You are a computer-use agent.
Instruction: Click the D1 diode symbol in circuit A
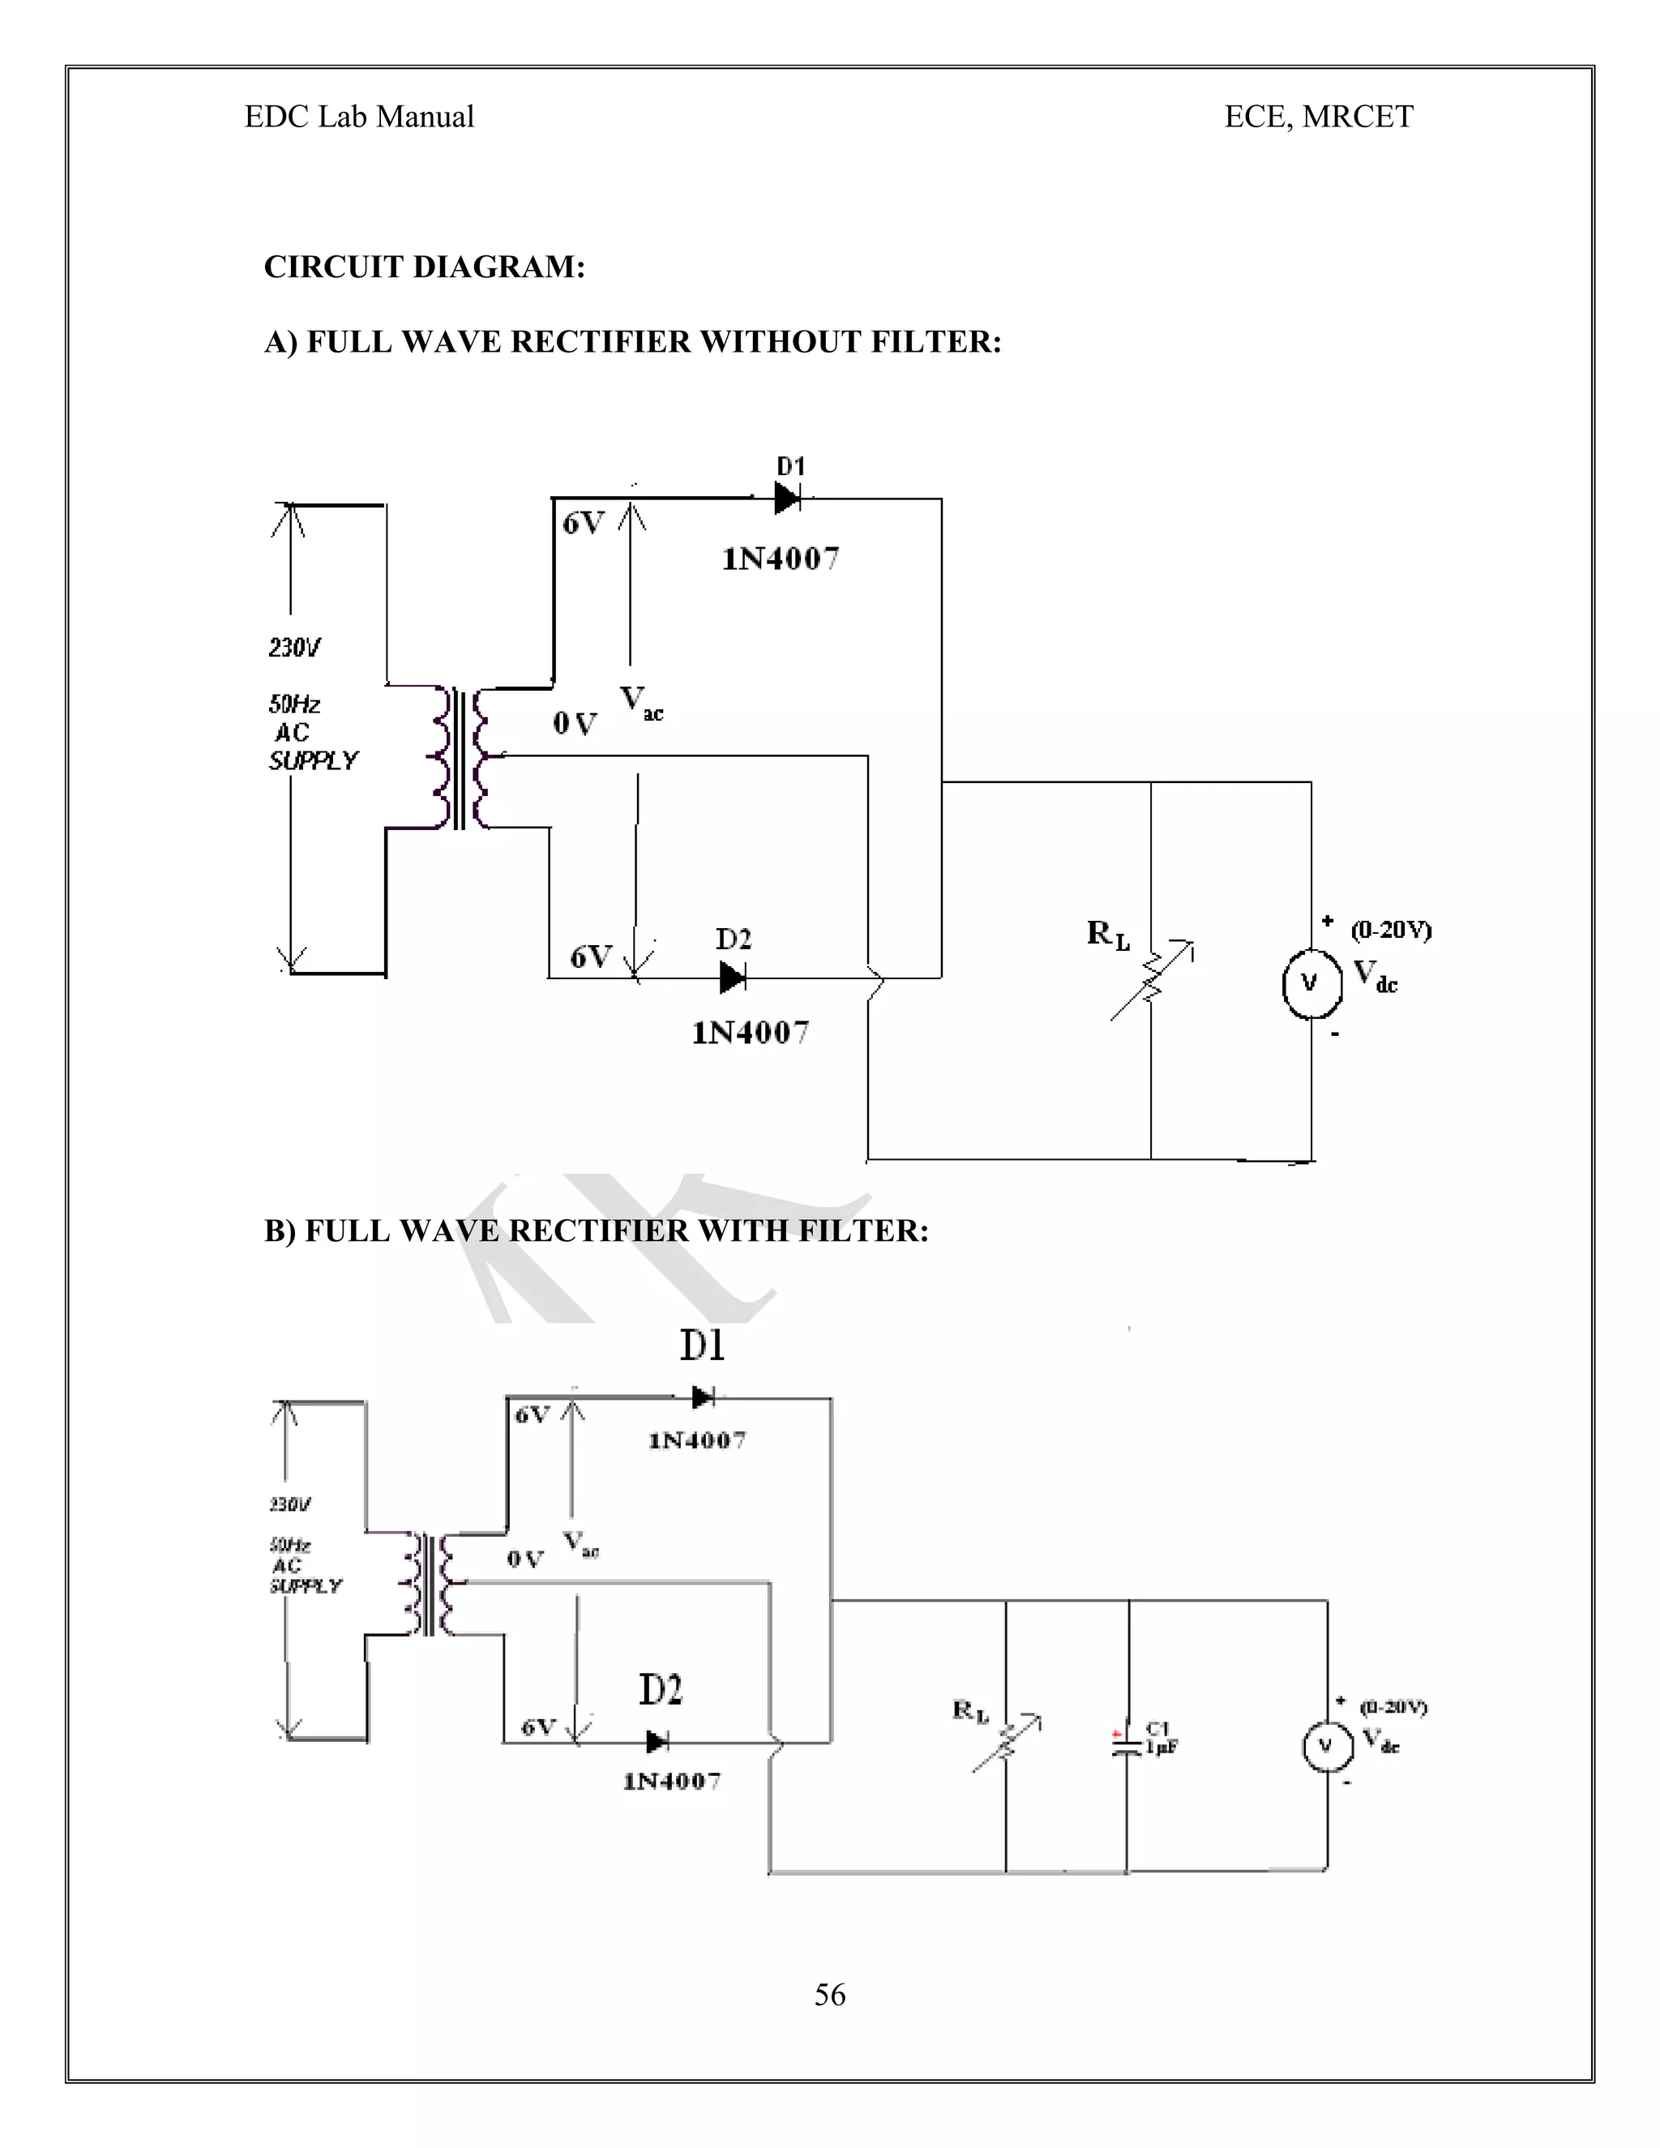pyautogui.click(x=788, y=498)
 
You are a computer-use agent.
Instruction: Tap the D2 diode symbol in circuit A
pyautogui.click(x=733, y=978)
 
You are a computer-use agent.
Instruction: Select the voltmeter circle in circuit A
pyautogui.click(x=1311, y=982)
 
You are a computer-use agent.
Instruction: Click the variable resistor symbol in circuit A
pyautogui.click(x=1152, y=981)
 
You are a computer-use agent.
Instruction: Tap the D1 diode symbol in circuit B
pyautogui.click(x=702, y=1397)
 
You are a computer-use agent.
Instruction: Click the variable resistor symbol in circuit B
pyautogui.click(x=1006, y=1744)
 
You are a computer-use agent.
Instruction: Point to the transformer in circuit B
pyautogui.click(x=429, y=1584)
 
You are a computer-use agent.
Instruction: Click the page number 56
pyautogui.click(x=829, y=1995)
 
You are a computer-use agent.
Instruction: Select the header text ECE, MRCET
pyautogui.click(x=1318, y=117)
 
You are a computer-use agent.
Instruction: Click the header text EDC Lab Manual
pyautogui.click(x=359, y=117)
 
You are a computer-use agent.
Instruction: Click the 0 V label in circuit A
pyautogui.click(x=575, y=725)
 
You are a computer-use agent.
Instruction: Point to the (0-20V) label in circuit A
pyautogui.click(x=1391, y=930)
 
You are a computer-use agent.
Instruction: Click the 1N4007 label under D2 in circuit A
pyautogui.click(x=751, y=1033)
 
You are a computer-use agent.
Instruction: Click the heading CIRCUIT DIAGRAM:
pyautogui.click(x=424, y=267)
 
